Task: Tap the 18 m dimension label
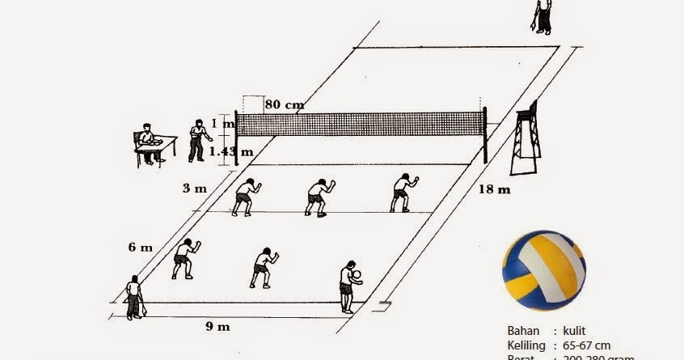pos(496,190)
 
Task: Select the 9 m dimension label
pos(217,327)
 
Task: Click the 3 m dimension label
pos(194,188)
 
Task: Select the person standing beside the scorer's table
pos(196,140)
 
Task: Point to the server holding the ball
pos(349,286)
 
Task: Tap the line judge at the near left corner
pos(134,297)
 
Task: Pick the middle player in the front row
pos(318,197)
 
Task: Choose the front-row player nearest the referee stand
pos(401,193)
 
